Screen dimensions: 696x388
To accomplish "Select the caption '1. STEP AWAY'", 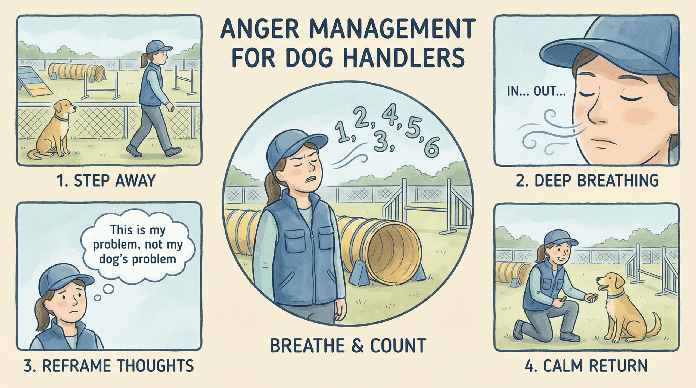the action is tap(106, 181).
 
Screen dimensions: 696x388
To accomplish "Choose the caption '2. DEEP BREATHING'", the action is tap(587, 181).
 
